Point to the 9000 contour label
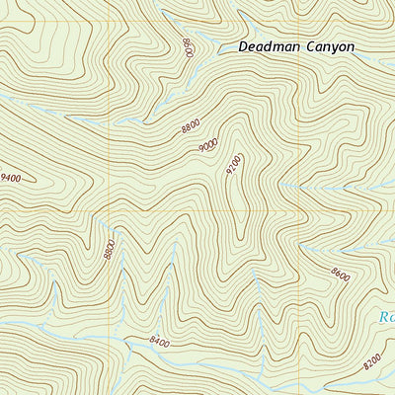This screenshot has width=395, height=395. tap(207, 146)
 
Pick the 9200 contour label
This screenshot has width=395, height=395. tap(233, 164)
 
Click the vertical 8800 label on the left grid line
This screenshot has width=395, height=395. tap(109, 249)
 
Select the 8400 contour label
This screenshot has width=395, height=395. tap(160, 342)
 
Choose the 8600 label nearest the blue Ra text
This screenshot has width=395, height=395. tap(341, 276)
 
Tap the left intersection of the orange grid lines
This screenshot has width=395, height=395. tap(109, 210)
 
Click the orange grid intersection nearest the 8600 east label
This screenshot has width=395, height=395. tap(300, 210)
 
